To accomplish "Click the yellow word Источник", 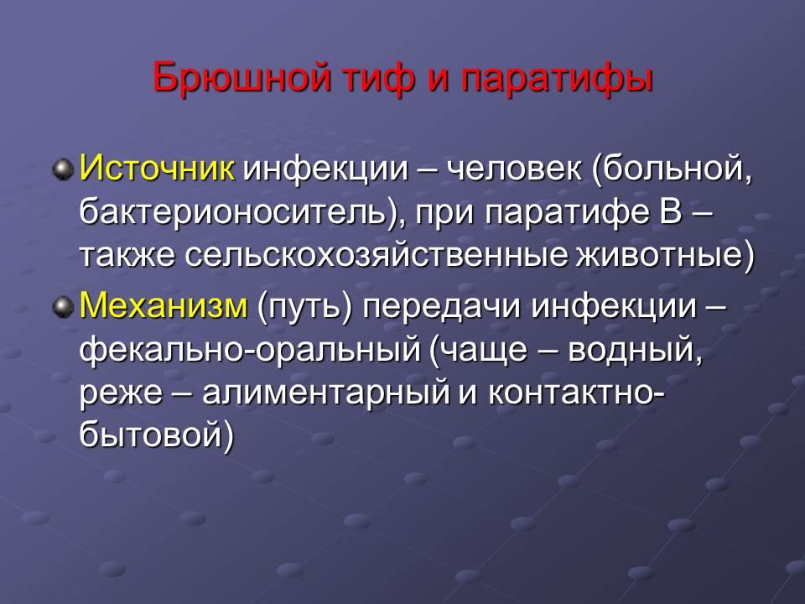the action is (157, 168).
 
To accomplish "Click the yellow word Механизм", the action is (164, 305).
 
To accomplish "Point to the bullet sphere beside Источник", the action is (63, 169).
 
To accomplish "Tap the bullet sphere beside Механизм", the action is (63, 307).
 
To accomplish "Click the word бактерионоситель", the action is (233, 211).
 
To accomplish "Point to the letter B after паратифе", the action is (670, 211).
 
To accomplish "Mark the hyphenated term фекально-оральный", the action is (250, 351).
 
